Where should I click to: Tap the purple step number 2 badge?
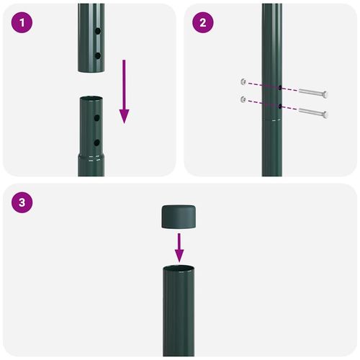[203, 22]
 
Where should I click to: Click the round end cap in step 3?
[179, 216]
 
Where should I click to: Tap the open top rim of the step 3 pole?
[179, 269]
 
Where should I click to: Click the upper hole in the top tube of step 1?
[97, 33]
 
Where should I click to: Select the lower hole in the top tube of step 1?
[97, 55]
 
